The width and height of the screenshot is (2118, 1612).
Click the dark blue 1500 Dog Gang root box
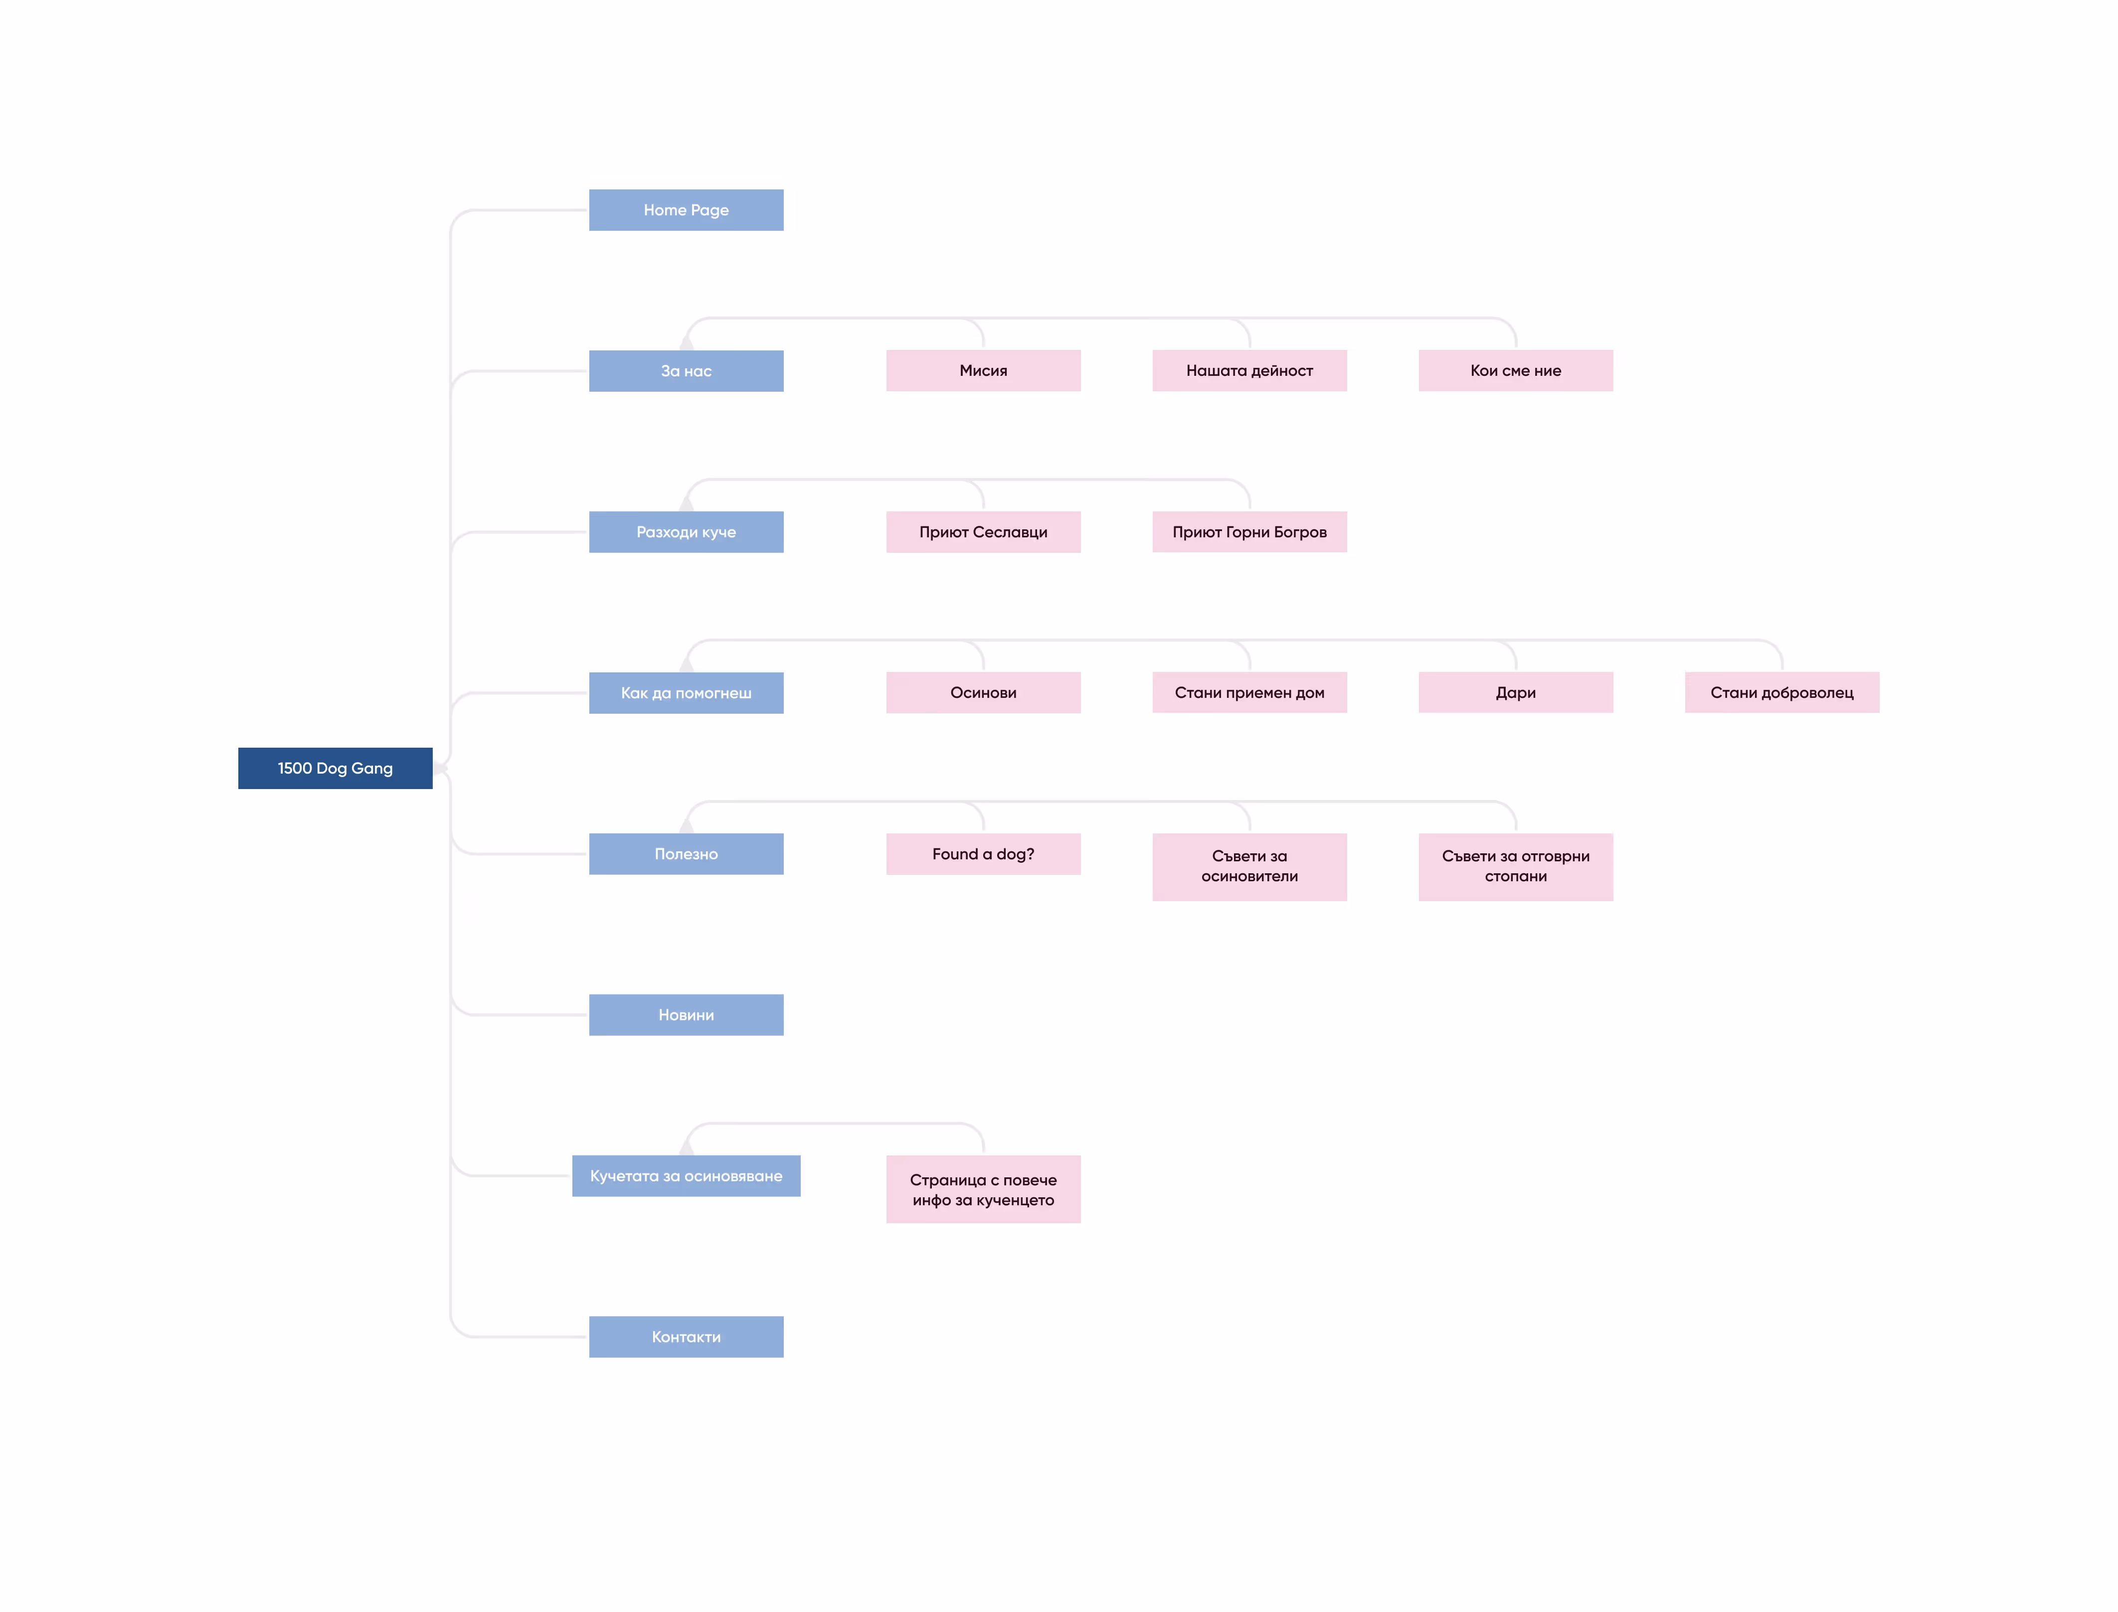(335, 768)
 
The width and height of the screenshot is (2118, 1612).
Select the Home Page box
(686, 210)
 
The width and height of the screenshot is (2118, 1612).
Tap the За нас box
(686, 370)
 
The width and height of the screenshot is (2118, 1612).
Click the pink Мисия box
(984, 370)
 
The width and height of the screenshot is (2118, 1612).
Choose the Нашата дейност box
(1249, 370)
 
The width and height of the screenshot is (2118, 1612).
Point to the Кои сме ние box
(1516, 370)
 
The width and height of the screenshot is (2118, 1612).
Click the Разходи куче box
(686, 531)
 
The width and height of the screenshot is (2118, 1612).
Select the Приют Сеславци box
(984, 531)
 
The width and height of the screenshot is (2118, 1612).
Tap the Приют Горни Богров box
(1249, 531)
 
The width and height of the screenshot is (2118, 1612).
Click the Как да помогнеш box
(686, 693)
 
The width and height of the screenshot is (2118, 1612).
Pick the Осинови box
(984, 693)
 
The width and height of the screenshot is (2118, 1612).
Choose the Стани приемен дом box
(1249, 693)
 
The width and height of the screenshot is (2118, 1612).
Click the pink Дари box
(1516, 693)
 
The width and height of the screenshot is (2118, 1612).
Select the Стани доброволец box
(1782, 693)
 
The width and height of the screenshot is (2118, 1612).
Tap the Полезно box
(686, 854)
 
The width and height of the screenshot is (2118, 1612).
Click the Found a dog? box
(984, 854)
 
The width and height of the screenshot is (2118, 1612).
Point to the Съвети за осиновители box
(1249, 866)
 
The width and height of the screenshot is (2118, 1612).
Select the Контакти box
(686, 1337)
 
